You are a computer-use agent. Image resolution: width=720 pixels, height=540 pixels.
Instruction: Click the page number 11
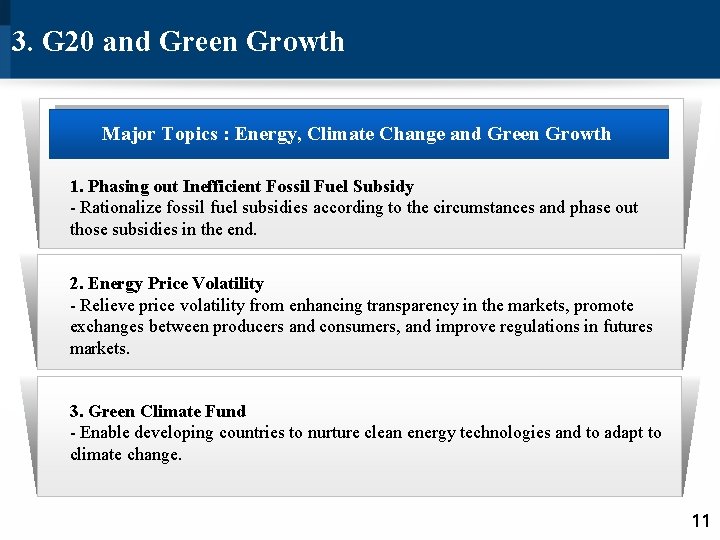(700, 520)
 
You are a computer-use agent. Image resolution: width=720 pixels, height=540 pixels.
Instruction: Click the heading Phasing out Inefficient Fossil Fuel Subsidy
(241, 186)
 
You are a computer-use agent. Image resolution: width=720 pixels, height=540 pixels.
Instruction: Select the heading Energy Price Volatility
(166, 284)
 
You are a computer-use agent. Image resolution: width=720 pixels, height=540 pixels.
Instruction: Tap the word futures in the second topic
(628, 327)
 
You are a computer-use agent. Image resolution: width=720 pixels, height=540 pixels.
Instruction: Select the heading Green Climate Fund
(157, 411)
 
